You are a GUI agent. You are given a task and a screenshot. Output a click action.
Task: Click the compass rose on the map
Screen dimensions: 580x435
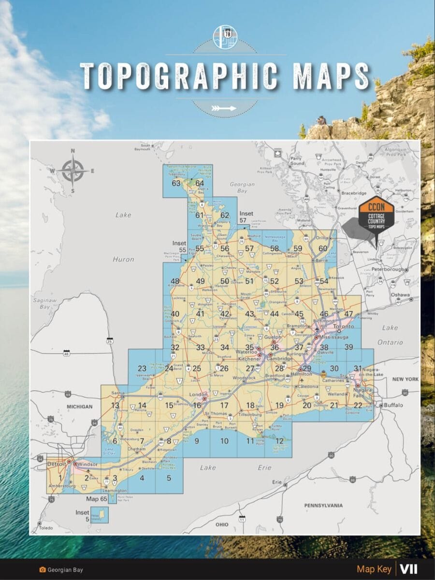pos(73,171)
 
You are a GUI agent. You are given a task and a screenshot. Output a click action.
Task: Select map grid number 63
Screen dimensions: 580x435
pos(175,183)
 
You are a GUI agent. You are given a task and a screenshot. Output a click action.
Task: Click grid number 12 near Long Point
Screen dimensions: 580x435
pos(279,440)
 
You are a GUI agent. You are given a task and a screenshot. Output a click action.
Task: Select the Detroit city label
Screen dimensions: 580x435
pos(56,464)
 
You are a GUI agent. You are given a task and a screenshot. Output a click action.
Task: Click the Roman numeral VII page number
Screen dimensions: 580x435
pos(408,569)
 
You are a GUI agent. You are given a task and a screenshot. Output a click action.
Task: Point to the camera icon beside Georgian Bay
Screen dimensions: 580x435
pos(43,570)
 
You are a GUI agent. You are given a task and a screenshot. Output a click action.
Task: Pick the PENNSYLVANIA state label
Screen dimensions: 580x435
pos(323,505)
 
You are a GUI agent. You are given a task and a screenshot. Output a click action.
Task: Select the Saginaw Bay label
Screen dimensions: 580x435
pos(42,303)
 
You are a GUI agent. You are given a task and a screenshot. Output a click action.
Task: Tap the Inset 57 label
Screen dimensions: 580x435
pos(246,217)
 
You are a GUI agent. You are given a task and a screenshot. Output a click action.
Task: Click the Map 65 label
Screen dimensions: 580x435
pos(96,498)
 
